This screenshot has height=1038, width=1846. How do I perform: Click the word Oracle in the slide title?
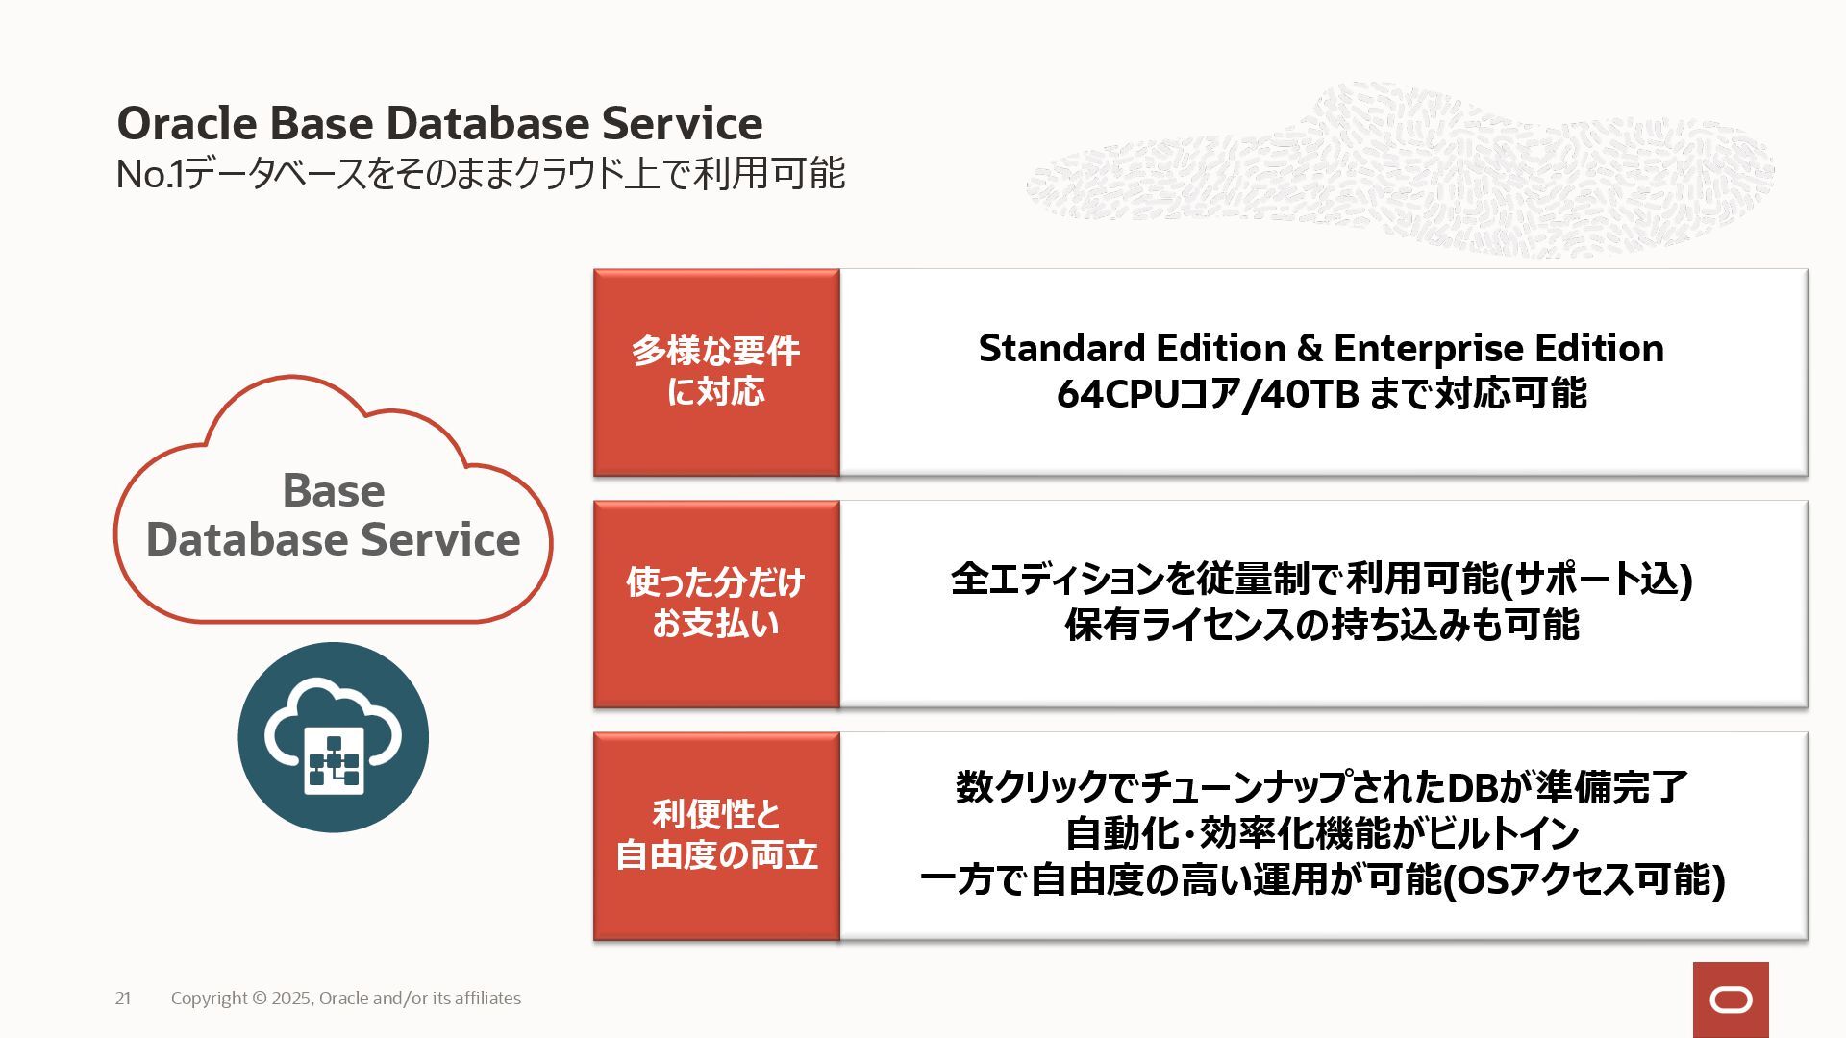tap(187, 124)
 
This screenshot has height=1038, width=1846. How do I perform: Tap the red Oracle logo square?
tap(1731, 1000)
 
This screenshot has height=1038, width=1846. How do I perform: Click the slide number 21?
tap(123, 999)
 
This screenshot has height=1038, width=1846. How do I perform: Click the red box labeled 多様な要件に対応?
tap(716, 372)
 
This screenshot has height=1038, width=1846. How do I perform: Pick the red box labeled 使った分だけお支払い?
tap(716, 604)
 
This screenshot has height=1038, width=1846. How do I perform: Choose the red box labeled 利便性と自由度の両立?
tap(716, 835)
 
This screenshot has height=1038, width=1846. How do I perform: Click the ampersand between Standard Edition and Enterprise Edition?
tap(1310, 349)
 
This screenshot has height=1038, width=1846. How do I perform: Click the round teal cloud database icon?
tap(333, 737)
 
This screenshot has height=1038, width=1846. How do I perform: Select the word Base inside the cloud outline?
tap(333, 491)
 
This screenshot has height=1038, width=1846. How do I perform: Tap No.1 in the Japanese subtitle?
tap(148, 175)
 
